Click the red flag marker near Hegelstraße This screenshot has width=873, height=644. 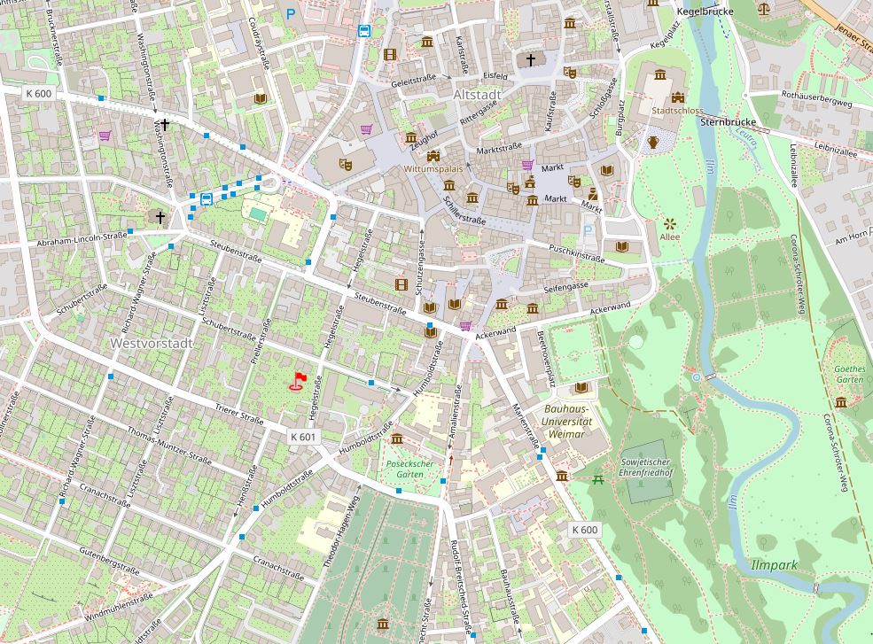coord(300,381)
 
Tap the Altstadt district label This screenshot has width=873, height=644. coord(477,94)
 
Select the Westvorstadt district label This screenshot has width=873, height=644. coord(146,342)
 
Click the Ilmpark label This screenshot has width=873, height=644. coord(774,564)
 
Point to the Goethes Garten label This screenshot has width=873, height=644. coord(848,374)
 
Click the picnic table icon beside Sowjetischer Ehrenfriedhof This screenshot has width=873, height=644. coord(600,479)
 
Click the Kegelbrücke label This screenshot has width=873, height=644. coord(705,12)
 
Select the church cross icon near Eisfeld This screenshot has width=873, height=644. coord(531,60)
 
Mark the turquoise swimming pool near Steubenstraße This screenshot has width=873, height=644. coord(257,213)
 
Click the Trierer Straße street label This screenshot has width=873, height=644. coord(239,413)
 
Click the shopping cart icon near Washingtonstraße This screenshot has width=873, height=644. coord(105,136)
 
